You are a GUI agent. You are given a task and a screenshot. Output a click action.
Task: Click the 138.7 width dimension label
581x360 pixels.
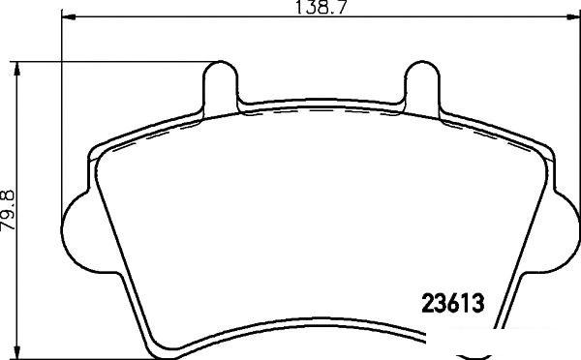pos(321,7)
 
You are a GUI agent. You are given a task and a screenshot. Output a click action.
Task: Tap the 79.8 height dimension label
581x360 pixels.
pos(8,210)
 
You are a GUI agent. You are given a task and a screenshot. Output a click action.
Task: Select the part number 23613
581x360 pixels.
pos(453,303)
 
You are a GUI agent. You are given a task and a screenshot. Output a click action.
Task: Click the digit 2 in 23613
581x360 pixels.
pos(428,303)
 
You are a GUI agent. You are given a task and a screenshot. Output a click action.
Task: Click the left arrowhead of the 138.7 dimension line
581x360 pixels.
pos(68,16)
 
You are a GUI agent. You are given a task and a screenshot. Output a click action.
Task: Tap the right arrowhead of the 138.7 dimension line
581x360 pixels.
pos(572,16)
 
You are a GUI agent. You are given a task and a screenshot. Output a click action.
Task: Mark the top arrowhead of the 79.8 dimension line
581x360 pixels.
pos(16,69)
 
